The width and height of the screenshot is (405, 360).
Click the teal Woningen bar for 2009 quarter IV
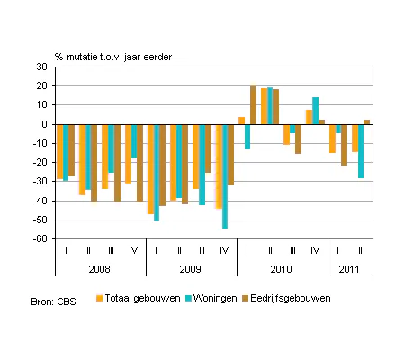[225, 176]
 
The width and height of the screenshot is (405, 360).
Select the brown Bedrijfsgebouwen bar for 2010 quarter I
[254, 105]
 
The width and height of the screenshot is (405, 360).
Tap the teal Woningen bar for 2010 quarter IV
[315, 111]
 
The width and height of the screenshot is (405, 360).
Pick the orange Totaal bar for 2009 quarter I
[150, 169]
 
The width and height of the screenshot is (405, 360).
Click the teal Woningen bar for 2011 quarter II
[361, 151]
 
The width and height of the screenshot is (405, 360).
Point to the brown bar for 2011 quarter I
[344, 145]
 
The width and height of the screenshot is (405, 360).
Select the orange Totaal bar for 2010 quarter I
[241, 121]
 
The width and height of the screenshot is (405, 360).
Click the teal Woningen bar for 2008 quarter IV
[134, 141]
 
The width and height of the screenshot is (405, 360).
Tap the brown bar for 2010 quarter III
[298, 139]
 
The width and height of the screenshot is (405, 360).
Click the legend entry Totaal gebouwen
[139, 298]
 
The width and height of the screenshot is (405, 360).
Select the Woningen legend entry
[211, 298]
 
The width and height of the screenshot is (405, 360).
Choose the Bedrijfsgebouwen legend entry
[286, 298]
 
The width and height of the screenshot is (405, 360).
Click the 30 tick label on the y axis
[42, 67]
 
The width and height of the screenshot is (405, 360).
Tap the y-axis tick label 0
[45, 124]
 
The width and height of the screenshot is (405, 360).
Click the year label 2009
[190, 269]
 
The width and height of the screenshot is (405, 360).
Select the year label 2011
[349, 269]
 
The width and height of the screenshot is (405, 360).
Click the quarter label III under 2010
[292, 250]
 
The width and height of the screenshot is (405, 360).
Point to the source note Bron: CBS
[53, 301]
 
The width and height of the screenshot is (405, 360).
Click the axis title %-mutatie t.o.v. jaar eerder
[113, 57]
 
